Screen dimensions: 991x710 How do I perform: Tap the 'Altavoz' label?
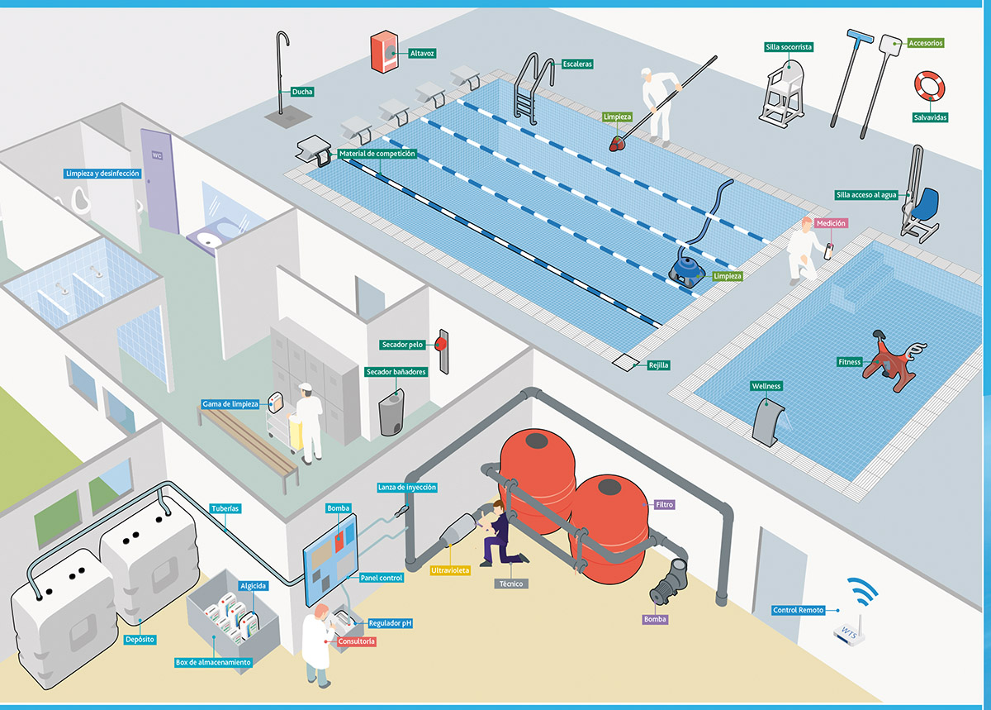pos(422,54)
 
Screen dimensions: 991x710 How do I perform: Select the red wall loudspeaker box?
pos(384,51)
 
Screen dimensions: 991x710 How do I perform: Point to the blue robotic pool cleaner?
pos(687,269)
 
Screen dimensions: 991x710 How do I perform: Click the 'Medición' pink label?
pos(831,223)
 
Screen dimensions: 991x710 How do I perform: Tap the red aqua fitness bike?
pos(891,361)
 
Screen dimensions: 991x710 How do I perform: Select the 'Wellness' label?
pos(766,386)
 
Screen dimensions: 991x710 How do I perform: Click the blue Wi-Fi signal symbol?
pos(862,591)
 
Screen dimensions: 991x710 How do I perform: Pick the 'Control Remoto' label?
pos(798,610)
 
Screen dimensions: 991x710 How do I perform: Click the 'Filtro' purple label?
pos(664,504)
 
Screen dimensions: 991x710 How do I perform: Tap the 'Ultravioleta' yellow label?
pos(450,570)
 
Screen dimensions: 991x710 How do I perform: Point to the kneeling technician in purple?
pos(500,534)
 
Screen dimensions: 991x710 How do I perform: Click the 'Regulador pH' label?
pos(390,623)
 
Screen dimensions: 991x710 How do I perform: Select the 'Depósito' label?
pos(140,640)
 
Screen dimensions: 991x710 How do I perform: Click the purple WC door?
pos(160,182)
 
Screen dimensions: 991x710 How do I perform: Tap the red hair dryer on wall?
pos(441,344)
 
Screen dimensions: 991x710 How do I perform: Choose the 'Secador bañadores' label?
pos(396,372)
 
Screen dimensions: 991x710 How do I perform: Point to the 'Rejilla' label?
pos(658,365)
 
